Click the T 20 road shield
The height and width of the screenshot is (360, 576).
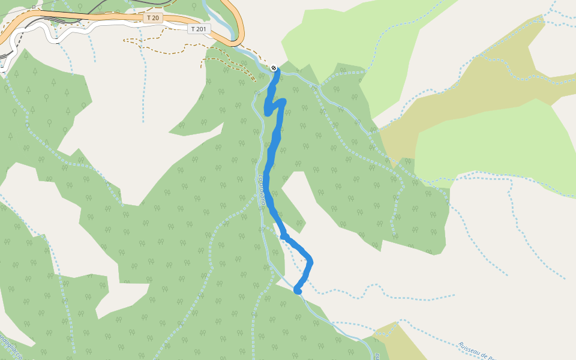click(153, 18)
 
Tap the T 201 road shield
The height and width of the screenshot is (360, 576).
click(199, 29)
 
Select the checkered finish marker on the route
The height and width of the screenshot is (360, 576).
click(274, 68)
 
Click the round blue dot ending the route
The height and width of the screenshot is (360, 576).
click(297, 290)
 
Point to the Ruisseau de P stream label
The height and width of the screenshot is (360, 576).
click(477, 350)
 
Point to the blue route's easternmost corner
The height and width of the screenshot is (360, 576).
click(310, 262)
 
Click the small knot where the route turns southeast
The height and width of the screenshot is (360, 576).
click(284, 236)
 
